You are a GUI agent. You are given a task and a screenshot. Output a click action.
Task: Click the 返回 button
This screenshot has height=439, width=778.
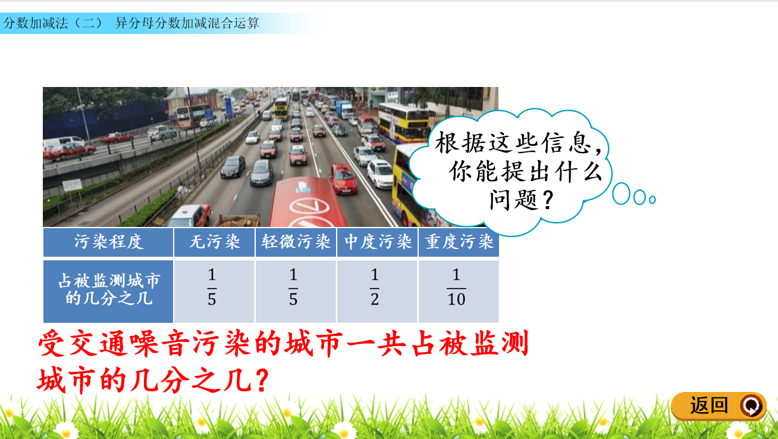click(x=719, y=406)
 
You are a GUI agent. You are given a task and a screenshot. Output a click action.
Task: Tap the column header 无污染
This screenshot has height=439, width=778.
click(x=214, y=242)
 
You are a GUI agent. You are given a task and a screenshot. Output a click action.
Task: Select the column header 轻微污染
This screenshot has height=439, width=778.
click(x=296, y=242)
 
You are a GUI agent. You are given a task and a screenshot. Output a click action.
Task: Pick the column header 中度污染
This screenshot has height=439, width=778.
click(x=378, y=242)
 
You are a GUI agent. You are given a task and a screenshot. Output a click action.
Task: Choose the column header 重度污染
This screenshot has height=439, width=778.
click(x=459, y=242)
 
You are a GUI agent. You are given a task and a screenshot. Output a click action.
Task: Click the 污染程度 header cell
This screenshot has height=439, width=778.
click(x=108, y=242)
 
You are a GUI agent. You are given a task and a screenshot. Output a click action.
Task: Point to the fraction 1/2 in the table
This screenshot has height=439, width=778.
click(x=374, y=287)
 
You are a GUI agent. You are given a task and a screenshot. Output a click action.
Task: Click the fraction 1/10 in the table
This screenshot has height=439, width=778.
click(x=456, y=287)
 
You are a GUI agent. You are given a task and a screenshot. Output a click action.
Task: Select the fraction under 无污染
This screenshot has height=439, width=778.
click(x=212, y=287)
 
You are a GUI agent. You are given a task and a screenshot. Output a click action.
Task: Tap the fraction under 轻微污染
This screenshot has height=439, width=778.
click(x=293, y=287)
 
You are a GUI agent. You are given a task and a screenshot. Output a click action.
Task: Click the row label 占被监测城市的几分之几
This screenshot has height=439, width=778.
click(x=108, y=289)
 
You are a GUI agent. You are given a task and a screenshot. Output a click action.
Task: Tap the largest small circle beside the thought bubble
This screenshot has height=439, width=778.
click(x=621, y=194)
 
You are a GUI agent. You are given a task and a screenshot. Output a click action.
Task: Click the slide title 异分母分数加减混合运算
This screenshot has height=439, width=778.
click(x=187, y=23)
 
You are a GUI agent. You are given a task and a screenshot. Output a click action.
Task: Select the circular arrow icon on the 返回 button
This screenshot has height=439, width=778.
click(x=752, y=406)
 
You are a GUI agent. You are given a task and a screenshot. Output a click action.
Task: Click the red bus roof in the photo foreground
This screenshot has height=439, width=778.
click(x=307, y=202)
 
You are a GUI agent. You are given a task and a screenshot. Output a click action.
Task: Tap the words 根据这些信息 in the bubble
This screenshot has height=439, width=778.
click(x=512, y=142)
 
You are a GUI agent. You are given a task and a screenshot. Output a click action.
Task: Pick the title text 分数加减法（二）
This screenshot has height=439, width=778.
click(x=53, y=23)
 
